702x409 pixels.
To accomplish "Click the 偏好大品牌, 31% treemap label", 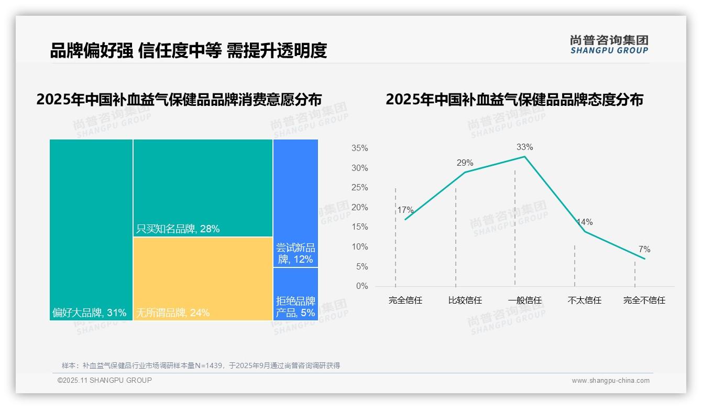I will pos(90,313).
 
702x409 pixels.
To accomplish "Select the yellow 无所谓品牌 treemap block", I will pos(203,278).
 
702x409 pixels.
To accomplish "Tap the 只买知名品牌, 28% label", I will pos(178,229).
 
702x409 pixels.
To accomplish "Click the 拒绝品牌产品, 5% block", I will pos(295,294).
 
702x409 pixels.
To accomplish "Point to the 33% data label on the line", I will pos(524,147).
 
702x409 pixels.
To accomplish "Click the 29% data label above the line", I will pos(465,163).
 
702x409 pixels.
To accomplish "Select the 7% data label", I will pos(644,250).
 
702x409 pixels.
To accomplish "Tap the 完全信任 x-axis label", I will pos(405,300).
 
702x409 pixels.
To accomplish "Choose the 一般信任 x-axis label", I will pos(524,300).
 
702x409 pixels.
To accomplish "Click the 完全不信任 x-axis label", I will pos(644,300).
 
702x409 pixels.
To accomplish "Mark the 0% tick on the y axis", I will pos(362,286).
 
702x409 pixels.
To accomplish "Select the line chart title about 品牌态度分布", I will pos(514,100).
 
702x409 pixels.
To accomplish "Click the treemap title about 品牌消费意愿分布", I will pos(179,100).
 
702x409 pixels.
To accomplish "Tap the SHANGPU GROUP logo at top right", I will pos(609,45).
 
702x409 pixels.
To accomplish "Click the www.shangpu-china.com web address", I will pos(610,381).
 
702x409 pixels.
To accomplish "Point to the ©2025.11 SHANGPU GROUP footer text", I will pos(105,380).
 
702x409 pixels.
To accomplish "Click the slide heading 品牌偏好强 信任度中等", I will pos(189,50).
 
